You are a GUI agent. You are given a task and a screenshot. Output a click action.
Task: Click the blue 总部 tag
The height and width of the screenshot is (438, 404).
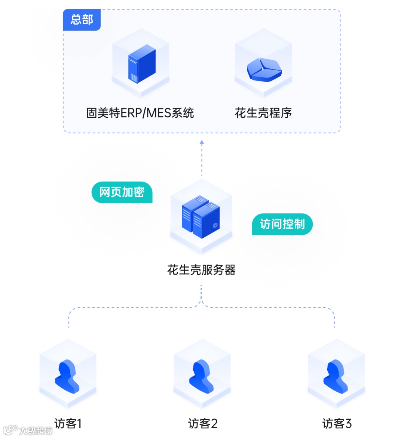click(x=82, y=19)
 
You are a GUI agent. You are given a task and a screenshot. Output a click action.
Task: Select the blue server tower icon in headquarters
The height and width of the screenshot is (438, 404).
click(x=141, y=64)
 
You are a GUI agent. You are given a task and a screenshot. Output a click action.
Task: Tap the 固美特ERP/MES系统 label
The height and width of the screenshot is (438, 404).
click(x=140, y=113)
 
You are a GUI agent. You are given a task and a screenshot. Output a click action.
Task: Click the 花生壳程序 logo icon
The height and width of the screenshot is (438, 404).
click(x=264, y=70)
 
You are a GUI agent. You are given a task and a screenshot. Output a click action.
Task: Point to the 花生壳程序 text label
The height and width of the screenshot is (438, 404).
click(x=263, y=113)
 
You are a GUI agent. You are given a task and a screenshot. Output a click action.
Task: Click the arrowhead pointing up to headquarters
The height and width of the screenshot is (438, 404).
click(x=202, y=142)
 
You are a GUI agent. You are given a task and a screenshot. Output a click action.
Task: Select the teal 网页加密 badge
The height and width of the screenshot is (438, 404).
click(x=122, y=192)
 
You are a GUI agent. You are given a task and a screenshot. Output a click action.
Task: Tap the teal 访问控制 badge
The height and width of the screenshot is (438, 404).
click(x=282, y=224)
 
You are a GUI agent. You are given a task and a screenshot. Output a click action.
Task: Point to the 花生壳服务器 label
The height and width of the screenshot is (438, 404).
click(x=201, y=270)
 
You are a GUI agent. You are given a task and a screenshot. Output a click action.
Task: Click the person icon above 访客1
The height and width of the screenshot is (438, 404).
click(x=67, y=376)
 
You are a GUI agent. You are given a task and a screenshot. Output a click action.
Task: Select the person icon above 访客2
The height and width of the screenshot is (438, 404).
click(x=202, y=376)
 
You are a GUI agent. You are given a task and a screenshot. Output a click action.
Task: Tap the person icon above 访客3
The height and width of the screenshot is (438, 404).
click(x=336, y=376)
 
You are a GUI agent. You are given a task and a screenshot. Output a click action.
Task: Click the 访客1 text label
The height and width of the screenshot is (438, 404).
click(x=68, y=423)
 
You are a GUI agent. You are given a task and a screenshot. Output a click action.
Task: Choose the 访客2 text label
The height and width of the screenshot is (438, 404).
click(x=202, y=423)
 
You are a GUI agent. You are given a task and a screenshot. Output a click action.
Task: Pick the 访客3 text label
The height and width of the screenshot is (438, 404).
click(x=337, y=423)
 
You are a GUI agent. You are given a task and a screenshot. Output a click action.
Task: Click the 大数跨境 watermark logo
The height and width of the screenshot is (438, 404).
click(x=28, y=430)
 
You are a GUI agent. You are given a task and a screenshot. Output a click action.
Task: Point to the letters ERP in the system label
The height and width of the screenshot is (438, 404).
click(x=132, y=113)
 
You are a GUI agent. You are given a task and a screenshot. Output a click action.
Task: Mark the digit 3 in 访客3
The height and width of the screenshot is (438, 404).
click(x=348, y=423)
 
